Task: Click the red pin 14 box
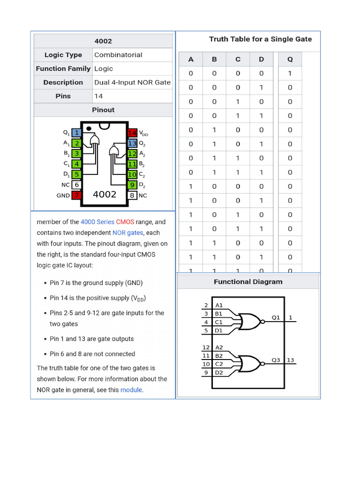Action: [132, 133]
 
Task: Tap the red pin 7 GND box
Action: [76, 195]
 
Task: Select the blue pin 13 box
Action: [132, 143]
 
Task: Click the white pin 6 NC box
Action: [76, 185]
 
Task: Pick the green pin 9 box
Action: [132, 185]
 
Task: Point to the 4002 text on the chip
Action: [105, 194]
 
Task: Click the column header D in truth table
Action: [261, 59]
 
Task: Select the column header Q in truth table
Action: [290, 59]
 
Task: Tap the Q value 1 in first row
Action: [290, 73]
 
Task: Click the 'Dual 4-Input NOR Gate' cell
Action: [133, 82]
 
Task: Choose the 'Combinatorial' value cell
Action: [118, 55]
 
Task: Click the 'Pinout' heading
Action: [103, 110]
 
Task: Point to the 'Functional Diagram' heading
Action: [248, 282]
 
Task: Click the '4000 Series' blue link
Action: [97, 222]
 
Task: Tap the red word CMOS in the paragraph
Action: [125, 222]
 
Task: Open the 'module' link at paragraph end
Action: [131, 390]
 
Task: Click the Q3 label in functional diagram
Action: [276, 360]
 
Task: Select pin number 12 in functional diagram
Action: [206, 347]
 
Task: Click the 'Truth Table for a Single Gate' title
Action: [260, 39]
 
